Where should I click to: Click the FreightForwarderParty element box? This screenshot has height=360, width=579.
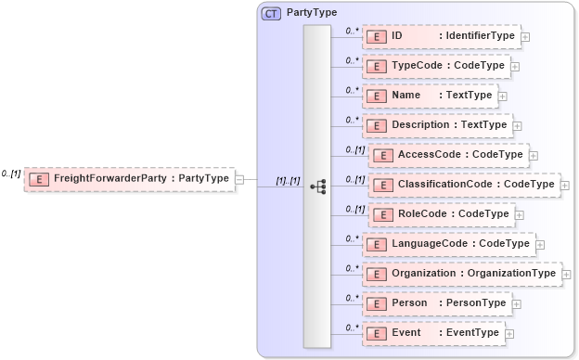[x=129, y=178]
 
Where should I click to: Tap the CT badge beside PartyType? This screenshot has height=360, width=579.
[x=271, y=13]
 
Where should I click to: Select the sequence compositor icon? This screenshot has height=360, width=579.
[x=317, y=186]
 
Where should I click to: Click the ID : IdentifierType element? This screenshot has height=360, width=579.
[x=441, y=36]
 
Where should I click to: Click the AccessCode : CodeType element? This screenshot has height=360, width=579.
[x=447, y=155]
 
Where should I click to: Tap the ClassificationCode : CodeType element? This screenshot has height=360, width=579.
[x=464, y=185]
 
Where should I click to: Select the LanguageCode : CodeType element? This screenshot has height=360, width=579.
[x=447, y=244]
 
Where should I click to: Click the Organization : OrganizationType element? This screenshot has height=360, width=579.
[x=460, y=274]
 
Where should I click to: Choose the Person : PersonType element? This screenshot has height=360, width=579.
[x=435, y=303]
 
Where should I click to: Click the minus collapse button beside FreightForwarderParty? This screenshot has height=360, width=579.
[x=239, y=179]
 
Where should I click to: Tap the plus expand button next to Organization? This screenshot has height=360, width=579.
[x=565, y=275]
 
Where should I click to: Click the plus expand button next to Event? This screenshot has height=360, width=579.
[x=509, y=334]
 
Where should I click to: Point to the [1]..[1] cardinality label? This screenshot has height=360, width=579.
[x=288, y=181]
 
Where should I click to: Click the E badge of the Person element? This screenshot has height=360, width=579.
[x=378, y=303]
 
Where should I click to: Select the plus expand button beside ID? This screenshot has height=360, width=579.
[x=525, y=37]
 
